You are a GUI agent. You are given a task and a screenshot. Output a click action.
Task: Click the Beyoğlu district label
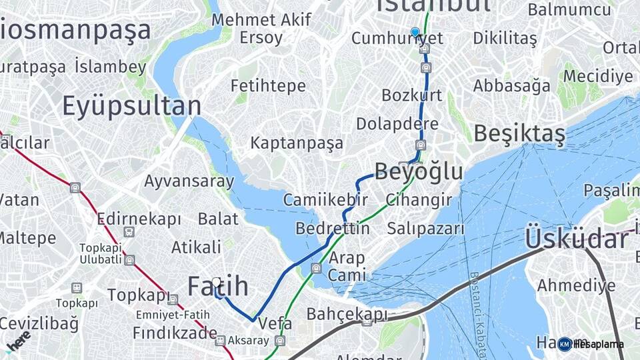coord(419,171)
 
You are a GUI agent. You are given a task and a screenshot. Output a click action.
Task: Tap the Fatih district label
coord(218,287)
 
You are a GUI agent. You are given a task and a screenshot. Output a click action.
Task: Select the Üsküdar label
coord(577,238)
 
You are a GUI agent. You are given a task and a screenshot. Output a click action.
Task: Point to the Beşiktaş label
coord(519,134)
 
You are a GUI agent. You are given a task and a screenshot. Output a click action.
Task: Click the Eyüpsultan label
coord(131,107)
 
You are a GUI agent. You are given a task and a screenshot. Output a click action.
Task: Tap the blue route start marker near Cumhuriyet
coord(415,32)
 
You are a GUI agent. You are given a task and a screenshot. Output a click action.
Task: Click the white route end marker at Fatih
coord(216,283)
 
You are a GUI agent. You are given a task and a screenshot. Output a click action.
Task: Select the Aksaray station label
coord(247,341)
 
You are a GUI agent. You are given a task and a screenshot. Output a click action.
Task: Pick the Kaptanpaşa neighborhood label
coord(297,143)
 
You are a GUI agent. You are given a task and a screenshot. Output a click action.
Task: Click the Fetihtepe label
coord(268,86)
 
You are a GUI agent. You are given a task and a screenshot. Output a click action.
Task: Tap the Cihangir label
coord(419,200)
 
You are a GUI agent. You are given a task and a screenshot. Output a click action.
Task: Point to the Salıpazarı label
coord(425,228)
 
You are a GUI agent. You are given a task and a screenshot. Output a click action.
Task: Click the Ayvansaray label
coord(189,181)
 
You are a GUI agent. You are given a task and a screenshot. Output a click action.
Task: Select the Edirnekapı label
coord(139,219)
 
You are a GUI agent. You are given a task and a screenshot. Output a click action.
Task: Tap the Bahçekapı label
coord(347,313)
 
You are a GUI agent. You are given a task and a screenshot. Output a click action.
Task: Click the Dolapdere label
coord(397,124)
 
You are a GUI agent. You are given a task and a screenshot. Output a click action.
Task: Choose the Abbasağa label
coord(512,86)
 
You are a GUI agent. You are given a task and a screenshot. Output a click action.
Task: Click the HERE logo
coord(18,341)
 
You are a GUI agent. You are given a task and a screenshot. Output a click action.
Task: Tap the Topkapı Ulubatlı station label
coord(99,253)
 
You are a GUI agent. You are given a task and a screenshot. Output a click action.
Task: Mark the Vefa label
coord(275,322)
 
